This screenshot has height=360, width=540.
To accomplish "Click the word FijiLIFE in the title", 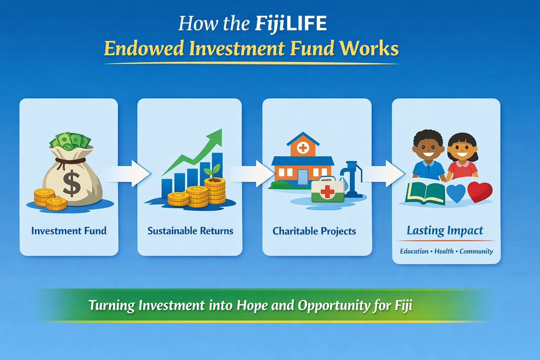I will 291,24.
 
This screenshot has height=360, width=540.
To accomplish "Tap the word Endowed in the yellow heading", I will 144,49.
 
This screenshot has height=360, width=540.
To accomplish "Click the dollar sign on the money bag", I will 72,183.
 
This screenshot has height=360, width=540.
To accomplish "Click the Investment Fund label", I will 69,231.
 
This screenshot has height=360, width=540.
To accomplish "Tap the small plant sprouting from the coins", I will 213,171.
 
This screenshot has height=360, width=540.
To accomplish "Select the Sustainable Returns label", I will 190,231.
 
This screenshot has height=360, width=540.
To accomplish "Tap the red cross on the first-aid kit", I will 327,192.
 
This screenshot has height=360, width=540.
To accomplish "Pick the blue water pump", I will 352,178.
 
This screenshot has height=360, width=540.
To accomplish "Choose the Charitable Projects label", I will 314,231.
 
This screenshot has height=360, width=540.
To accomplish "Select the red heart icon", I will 480,192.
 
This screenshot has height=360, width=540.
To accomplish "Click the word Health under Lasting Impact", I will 444,251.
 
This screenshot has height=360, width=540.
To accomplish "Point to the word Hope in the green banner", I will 252,305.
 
